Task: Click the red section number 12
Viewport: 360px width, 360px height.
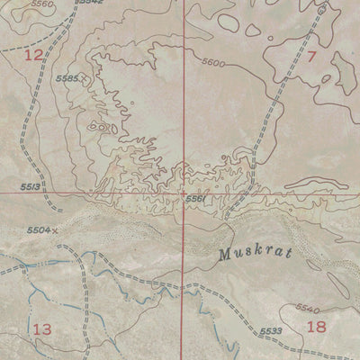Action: point(33,56)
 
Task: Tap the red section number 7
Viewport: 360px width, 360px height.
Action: point(312,57)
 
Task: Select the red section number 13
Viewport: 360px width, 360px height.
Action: point(42,328)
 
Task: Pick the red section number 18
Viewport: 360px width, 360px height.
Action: point(316,327)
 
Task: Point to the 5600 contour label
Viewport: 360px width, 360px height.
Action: point(213,62)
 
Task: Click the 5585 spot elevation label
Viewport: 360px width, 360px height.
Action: point(68,79)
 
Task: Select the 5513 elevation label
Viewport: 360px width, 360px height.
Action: point(28,185)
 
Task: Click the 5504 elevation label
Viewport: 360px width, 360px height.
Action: point(38,230)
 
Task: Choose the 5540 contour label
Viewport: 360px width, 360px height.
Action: point(308,309)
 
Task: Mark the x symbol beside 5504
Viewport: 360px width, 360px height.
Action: point(55,230)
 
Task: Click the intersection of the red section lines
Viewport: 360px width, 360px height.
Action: point(184,193)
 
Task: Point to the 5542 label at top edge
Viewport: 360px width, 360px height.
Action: point(90,3)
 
